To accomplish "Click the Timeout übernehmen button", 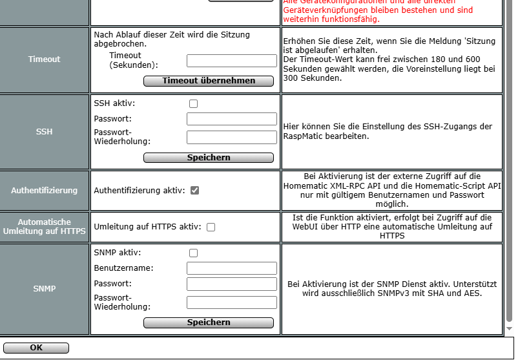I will [x=209, y=81].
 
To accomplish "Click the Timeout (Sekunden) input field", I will [x=231, y=61].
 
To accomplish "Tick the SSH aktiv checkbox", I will [x=193, y=103].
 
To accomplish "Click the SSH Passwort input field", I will [x=231, y=119].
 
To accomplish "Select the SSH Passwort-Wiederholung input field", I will [x=231, y=137].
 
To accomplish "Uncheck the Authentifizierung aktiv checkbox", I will [x=194, y=191].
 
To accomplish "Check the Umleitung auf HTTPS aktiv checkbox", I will [x=211, y=227].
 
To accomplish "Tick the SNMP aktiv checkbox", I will [x=193, y=253].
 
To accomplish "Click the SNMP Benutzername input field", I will [x=231, y=268].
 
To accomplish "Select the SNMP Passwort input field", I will [x=231, y=284].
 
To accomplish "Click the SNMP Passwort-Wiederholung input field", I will [x=231, y=302].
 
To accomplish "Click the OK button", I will [x=36, y=348].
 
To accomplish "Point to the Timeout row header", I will [x=44, y=59].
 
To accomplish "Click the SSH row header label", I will [x=44, y=132].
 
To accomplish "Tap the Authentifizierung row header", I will [x=44, y=191].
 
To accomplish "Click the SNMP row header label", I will [x=44, y=289].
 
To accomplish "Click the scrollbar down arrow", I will [x=509, y=328].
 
